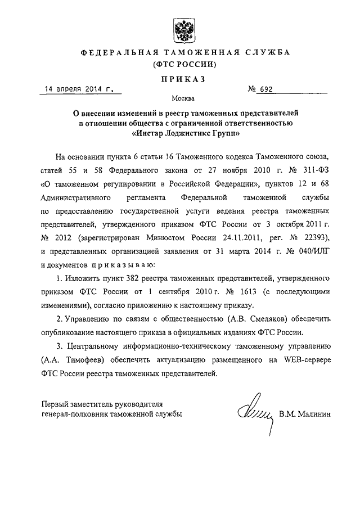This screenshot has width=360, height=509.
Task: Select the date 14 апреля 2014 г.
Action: [x=76, y=88]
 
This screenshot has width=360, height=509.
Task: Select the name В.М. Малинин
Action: [x=306, y=415]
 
